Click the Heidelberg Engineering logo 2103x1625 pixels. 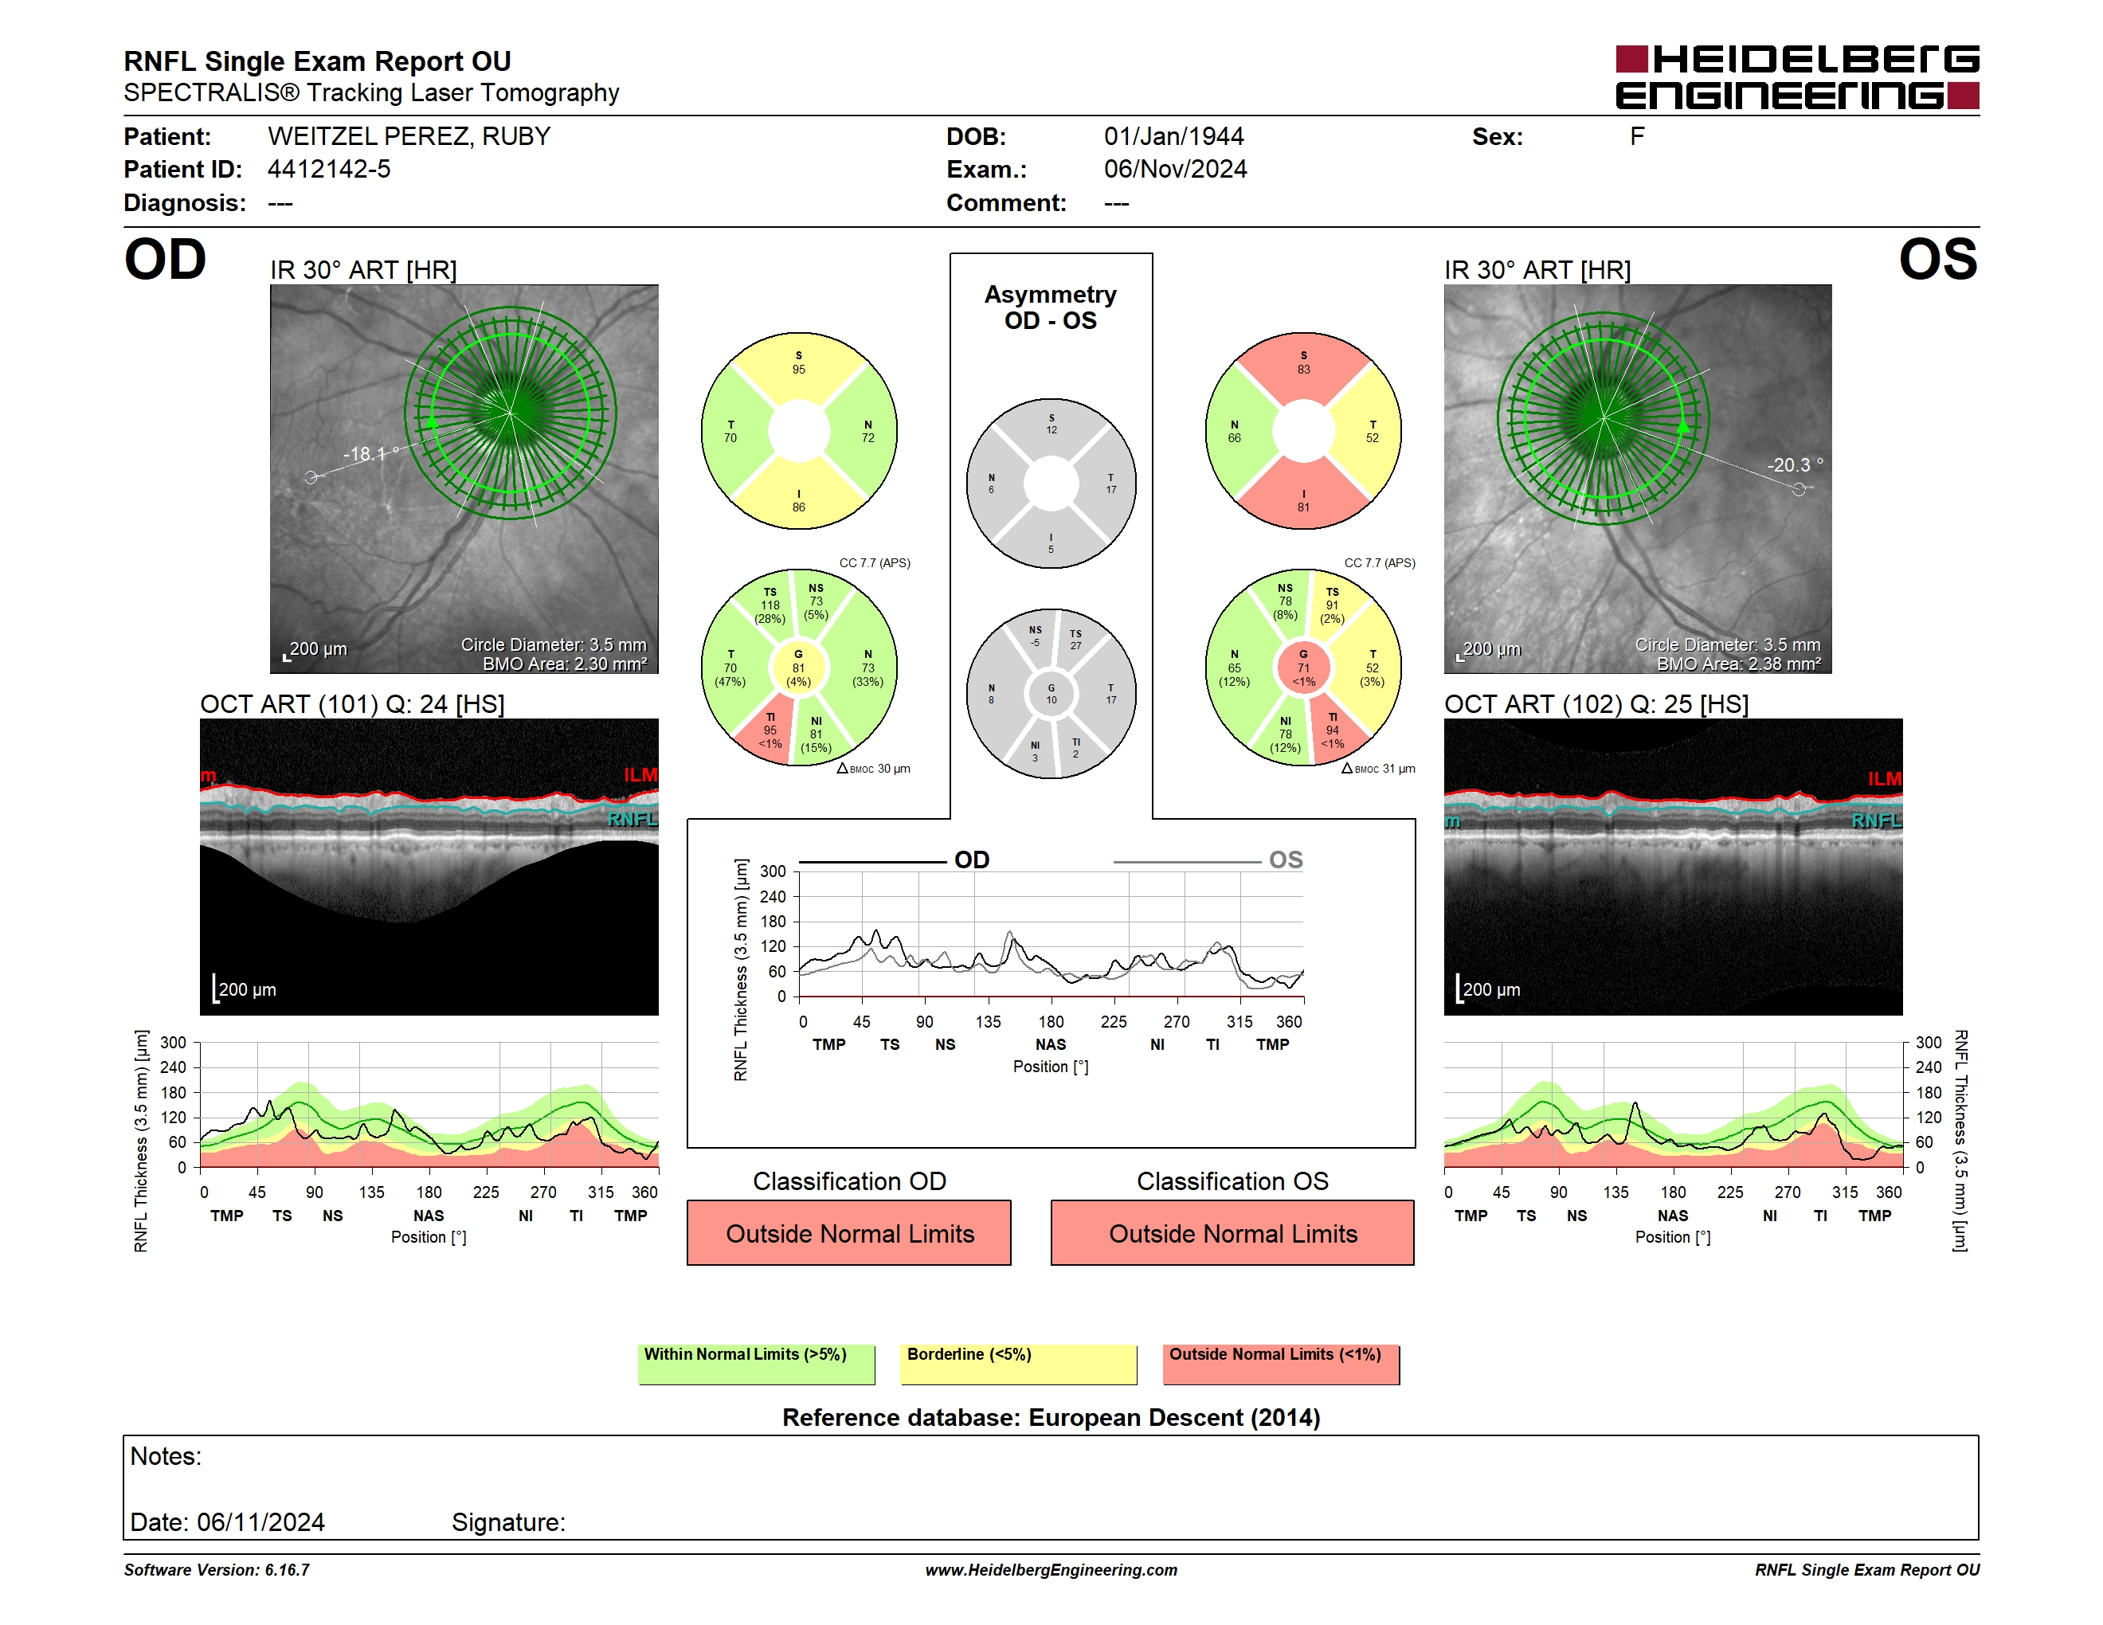coord(1797,77)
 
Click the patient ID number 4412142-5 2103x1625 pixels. coord(329,170)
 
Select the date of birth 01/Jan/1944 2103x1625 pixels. coord(1174,137)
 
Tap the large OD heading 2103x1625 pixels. coord(166,259)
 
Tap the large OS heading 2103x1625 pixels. coord(1937,259)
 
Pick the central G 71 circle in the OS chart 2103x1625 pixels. coord(1302,668)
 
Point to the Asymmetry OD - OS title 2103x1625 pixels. coord(1051,307)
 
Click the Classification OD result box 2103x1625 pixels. coord(849,1233)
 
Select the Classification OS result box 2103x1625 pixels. coord(1232,1233)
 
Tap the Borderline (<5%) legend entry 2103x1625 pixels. coord(1019,1364)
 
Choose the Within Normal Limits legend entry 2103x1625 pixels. coord(757,1364)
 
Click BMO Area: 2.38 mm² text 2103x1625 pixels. coord(1739,664)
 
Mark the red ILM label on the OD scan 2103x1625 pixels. coord(640,775)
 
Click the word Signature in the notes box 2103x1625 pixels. coord(508,1522)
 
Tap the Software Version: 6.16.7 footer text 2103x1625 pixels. coord(217,1570)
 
